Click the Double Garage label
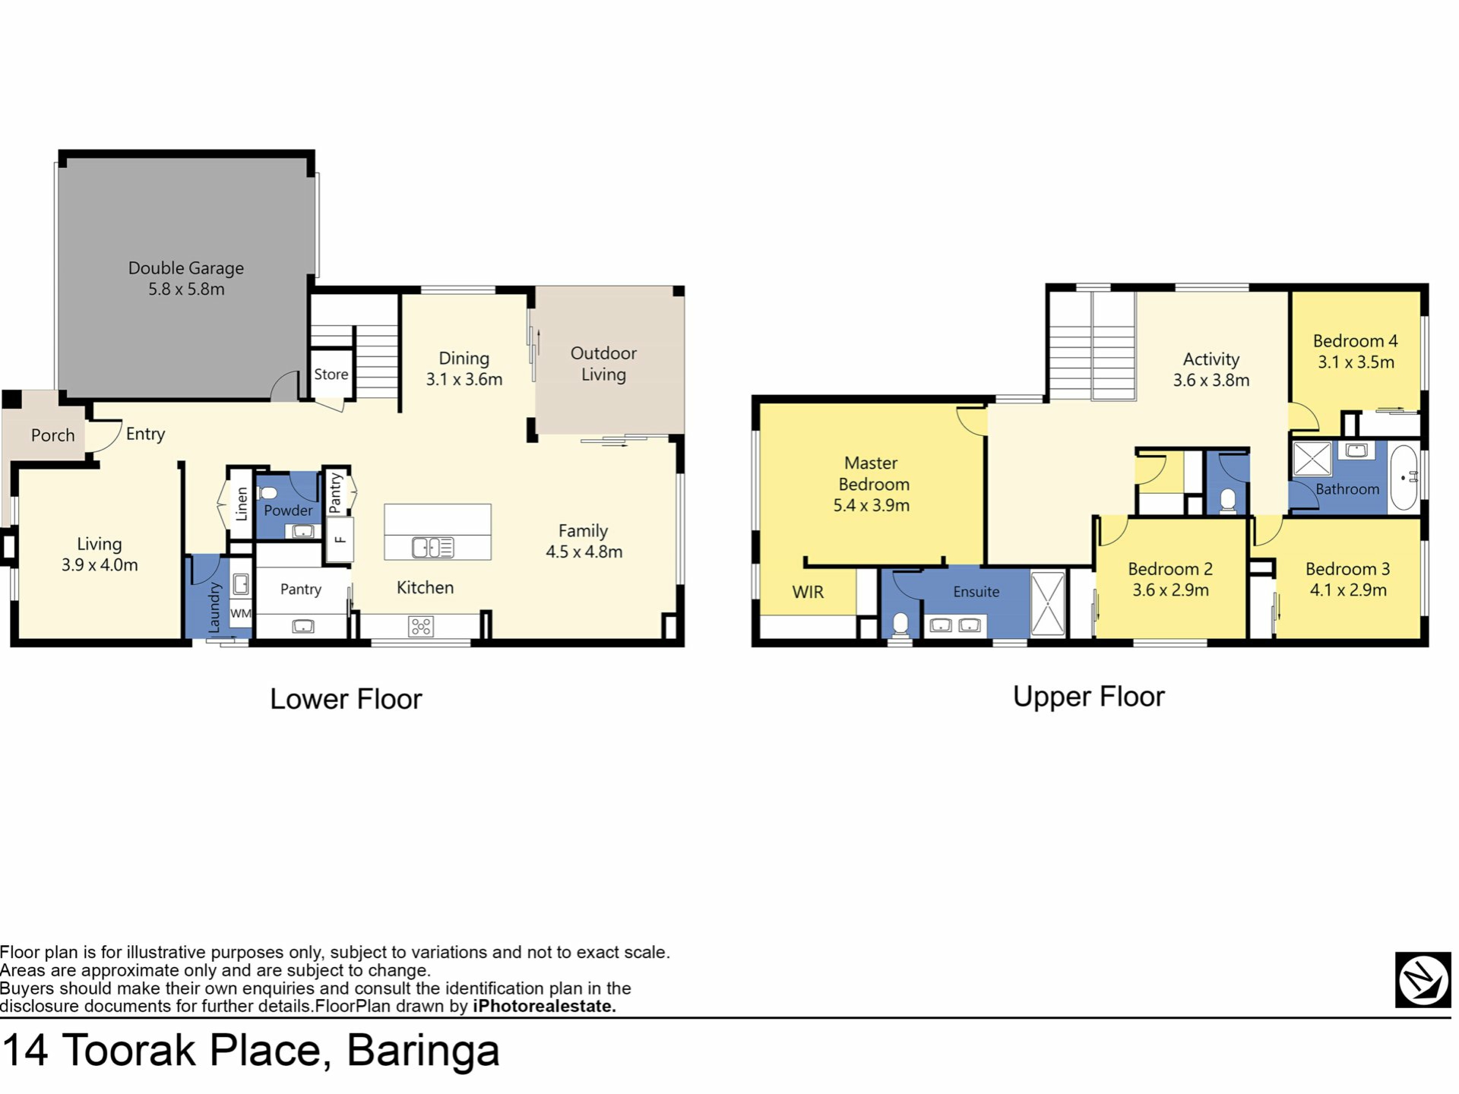186,268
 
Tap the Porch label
53,435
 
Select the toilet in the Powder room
267,492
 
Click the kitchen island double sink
433,547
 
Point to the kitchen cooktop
421,626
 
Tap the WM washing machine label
240,613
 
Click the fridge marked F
340,540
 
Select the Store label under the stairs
331,374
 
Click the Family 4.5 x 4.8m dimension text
584,552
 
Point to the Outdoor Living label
603,364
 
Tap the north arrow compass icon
1423,980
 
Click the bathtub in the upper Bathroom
1404,477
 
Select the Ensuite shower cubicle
1048,605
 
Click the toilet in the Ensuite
900,624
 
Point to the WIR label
808,592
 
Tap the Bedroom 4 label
1356,341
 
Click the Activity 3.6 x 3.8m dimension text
1211,381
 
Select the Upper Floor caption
1089,697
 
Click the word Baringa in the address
423,1051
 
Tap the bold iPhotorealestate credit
544,1007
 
